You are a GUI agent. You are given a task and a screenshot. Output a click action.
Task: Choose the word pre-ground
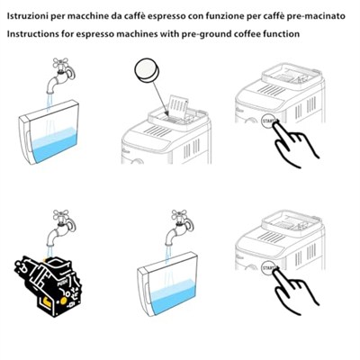(201, 34)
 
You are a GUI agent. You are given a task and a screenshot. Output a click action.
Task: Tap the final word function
(280, 33)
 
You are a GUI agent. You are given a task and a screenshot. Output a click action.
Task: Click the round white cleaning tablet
(148, 70)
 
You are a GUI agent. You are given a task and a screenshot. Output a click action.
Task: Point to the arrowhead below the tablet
(167, 114)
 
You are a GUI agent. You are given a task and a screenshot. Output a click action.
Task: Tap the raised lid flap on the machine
(179, 106)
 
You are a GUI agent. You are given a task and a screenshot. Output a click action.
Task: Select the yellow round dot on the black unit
(63, 301)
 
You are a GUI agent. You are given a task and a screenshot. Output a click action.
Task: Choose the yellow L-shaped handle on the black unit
(47, 301)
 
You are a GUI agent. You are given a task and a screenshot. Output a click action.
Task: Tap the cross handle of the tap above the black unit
(61, 215)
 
